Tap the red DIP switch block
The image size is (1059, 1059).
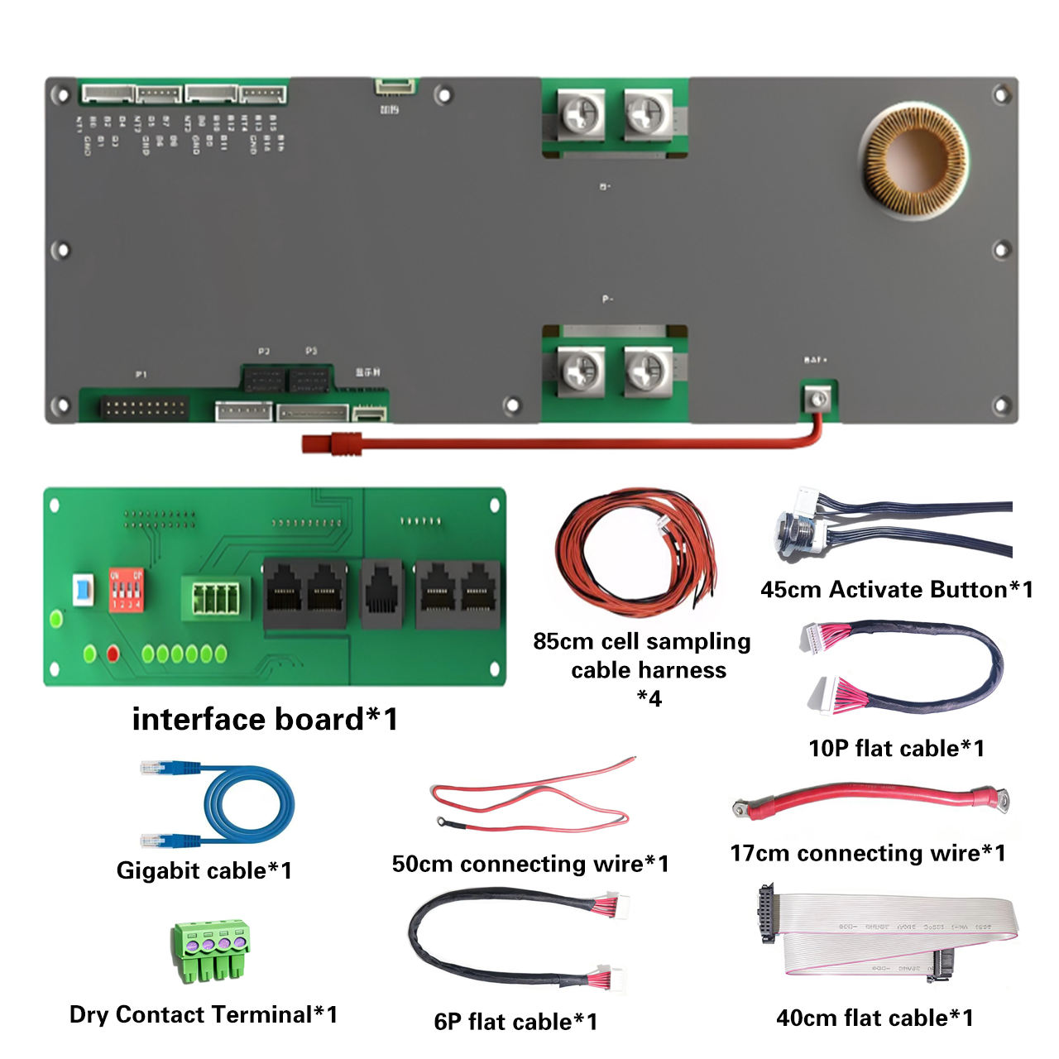click(x=126, y=590)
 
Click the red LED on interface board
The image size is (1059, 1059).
click(x=113, y=654)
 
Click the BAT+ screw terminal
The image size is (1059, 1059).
click(x=818, y=400)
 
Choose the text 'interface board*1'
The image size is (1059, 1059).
click(x=265, y=719)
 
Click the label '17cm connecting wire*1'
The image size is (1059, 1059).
click(x=867, y=853)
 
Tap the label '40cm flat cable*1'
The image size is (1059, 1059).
click(x=875, y=1018)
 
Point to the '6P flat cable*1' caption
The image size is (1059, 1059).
click(x=515, y=1021)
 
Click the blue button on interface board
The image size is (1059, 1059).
click(x=83, y=590)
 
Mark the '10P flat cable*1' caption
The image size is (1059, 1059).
click(x=896, y=748)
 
